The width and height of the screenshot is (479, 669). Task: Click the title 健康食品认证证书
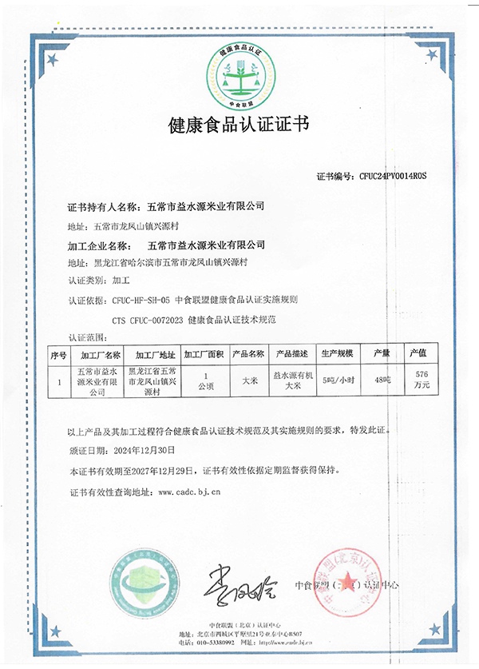point(239,125)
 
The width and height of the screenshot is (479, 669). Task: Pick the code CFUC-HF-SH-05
point(141,301)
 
